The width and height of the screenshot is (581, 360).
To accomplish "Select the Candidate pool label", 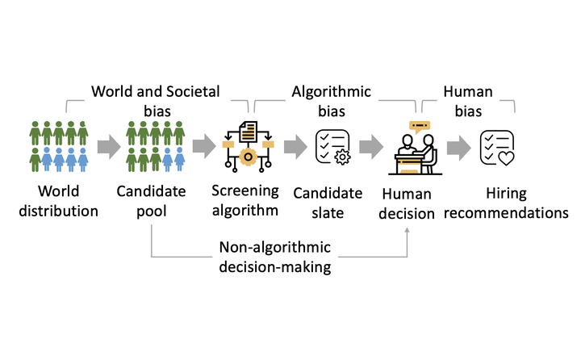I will [x=152, y=203].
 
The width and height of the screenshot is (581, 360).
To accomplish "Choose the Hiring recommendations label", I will [x=505, y=203].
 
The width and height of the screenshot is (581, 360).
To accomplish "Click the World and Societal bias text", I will [x=154, y=100].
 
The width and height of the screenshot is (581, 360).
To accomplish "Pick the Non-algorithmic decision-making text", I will [x=275, y=257].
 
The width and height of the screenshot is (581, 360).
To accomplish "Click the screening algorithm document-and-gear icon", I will [x=247, y=145].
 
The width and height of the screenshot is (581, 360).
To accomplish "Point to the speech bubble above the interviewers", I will [x=420, y=126].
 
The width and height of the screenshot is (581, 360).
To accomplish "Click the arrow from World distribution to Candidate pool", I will [x=107, y=146].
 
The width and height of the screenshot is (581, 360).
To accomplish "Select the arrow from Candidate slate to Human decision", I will [x=371, y=146].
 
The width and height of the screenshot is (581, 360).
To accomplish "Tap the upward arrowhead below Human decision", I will [x=408, y=231].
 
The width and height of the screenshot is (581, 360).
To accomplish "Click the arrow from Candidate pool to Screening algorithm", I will [x=203, y=146].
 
